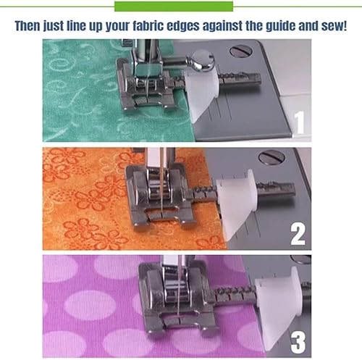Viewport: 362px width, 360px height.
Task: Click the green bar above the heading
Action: coord(174,7)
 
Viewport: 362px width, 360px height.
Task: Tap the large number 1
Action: coord(300,122)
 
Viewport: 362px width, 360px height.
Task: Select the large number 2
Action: coord(298,234)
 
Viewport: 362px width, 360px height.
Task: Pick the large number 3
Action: coord(298,343)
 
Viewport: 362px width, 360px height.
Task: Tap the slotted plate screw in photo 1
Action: coord(241,51)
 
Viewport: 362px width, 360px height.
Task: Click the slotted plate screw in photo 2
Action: coord(272,157)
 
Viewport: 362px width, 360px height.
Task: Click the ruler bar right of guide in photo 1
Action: coord(240,79)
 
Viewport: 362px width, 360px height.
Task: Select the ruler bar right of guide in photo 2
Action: coord(276,190)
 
